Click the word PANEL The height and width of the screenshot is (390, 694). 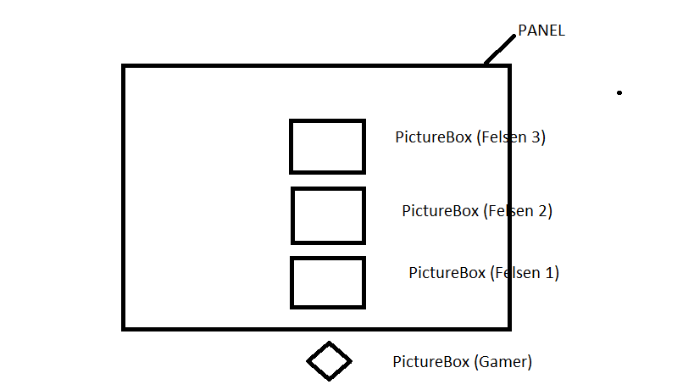click(x=541, y=31)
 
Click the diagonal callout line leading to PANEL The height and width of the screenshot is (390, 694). click(x=499, y=50)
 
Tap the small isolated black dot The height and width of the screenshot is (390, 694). click(x=619, y=92)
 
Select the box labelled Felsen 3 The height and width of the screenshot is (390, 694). click(x=327, y=147)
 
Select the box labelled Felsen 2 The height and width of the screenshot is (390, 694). click(x=328, y=215)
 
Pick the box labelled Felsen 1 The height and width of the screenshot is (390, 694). click(x=328, y=282)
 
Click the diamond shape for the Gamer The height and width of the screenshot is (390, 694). click(x=329, y=361)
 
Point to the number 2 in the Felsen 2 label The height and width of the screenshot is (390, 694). click(x=545, y=211)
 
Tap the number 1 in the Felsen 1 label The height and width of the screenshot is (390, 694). click(x=552, y=273)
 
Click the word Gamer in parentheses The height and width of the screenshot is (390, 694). click(x=504, y=362)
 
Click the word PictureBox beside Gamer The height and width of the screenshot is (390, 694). click(x=430, y=362)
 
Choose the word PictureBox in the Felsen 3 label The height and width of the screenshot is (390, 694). click(x=433, y=137)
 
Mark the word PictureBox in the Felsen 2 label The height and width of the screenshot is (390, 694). click(x=440, y=211)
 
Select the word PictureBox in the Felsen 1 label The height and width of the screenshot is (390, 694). click(x=447, y=273)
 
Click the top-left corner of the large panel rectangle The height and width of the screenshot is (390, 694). click(x=125, y=66)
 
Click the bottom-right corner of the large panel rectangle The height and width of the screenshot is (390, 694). click(x=508, y=327)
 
